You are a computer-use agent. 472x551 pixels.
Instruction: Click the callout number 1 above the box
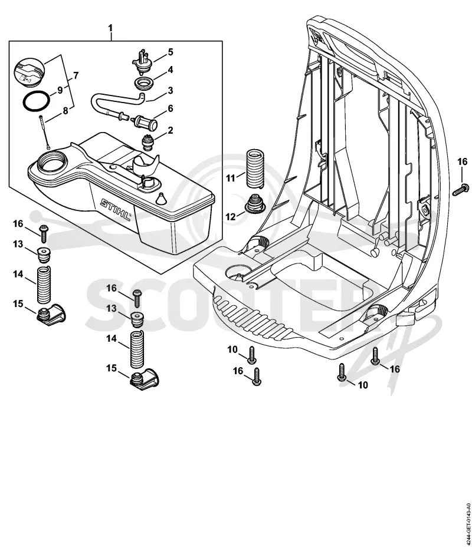click(x=110, y=28)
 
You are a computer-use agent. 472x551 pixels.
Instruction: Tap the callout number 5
click(x=171, y=52)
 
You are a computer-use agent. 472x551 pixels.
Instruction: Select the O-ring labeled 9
click(x=37, y=101)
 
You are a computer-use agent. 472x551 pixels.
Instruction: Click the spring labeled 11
click(x=255, y=169)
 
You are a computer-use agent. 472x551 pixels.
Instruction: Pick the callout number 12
click(x=230, y=216)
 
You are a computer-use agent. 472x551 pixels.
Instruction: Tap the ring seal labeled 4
click(x=144, y=84)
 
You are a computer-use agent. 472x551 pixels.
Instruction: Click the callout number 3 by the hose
click(x=171, y=90)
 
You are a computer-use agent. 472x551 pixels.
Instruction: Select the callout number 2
click(x=171, y=130)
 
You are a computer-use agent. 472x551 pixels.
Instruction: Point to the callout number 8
click(x=65, y=111)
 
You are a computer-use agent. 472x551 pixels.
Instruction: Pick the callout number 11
click(x=230, y=178)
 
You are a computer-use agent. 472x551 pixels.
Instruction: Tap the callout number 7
click(x=76, y=75)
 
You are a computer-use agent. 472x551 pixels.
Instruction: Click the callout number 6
click(x=171, y=108)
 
